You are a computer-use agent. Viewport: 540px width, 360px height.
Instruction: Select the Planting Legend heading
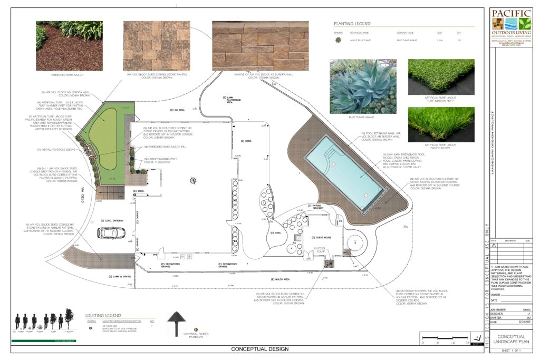[352, 24]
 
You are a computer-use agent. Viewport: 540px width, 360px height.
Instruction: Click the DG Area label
[176, 110]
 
